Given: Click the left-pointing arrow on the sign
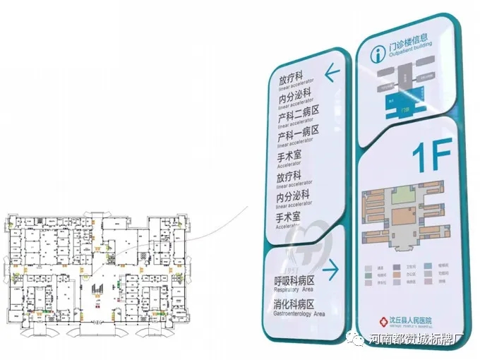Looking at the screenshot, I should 331,71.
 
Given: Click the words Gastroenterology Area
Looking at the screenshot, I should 299,313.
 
